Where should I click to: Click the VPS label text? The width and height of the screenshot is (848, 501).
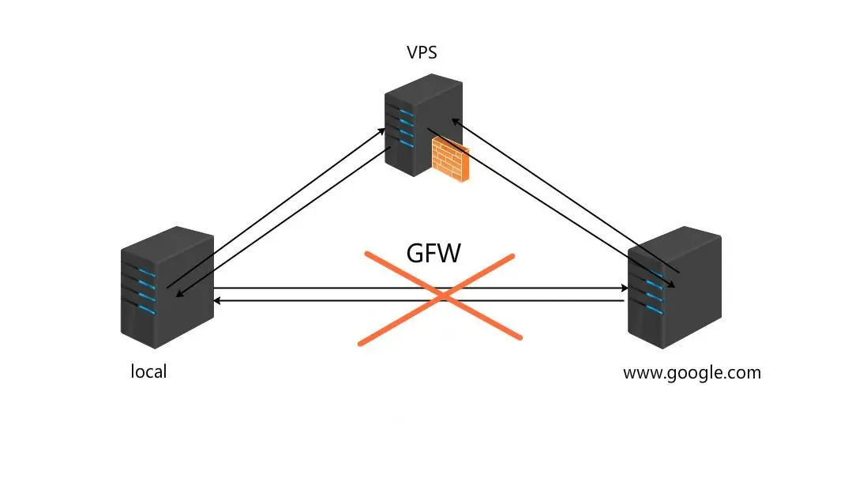[x=422, y=52]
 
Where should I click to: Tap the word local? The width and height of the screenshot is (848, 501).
[x=148, y=371]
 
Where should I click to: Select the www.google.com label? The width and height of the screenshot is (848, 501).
[x=692, y=373]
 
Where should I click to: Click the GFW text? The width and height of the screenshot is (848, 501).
[x=433, y=253]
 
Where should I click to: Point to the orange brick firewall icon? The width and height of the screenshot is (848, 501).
[x=450, y=159]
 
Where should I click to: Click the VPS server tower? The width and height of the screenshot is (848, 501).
[x=423, y=126]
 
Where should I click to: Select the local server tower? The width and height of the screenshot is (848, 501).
[x=167, y=288]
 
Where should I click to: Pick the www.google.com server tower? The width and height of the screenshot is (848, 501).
[x=674, y=288]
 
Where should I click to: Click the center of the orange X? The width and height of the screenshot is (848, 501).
[x=441, y=296]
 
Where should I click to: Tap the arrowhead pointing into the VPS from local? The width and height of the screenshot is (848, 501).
[x=382, y=131]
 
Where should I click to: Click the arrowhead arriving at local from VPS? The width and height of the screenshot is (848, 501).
[x=179, y=294]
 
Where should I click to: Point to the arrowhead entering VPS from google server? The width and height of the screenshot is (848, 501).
[x=455, y=121]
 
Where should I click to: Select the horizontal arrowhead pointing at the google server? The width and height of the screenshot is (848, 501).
[x=625, y=288]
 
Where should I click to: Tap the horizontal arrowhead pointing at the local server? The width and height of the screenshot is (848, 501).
[x=217, y=301]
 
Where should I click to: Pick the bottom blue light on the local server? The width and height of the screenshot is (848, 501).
[x=147, y=309]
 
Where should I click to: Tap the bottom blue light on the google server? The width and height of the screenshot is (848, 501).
[x=654, y=309]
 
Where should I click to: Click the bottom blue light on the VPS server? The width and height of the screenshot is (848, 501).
[x=407, y=144]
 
